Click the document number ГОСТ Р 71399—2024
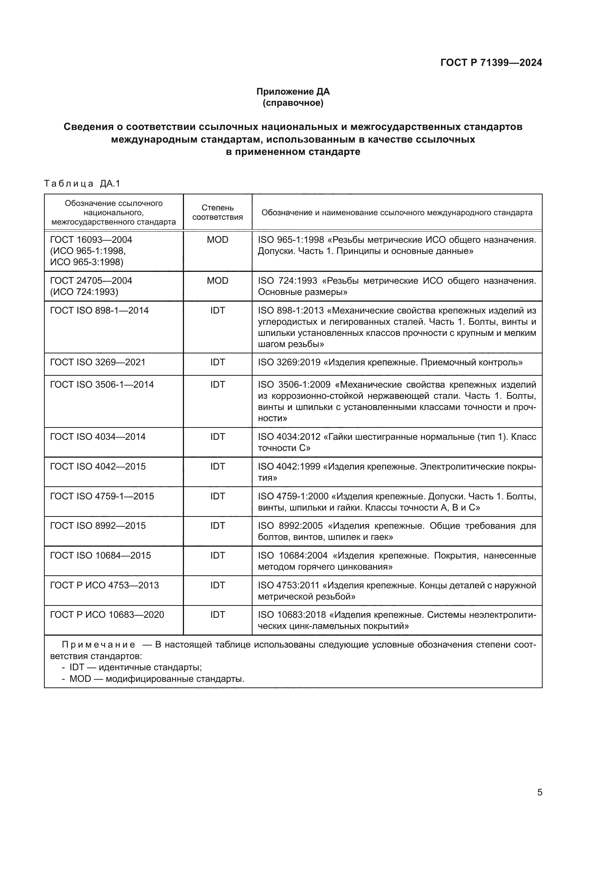pyautogui.click(x=491, y=63)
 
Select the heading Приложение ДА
pyautogui.click(x=293, y=92)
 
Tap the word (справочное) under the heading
pyautogui.click(x=293, y=103)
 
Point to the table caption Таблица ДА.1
pyautogui.click(x=82, y=184)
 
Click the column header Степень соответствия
pyautogui.click(x=217, y=212)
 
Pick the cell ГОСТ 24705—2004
pyautogui.click(x=91, y=281)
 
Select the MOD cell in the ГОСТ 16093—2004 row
pyautogui.click(x=217, y=240)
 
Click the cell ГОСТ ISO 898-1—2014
pyautogui.click(x=99, y=310)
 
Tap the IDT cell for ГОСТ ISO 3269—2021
pyautogui.click(x=217, y=362)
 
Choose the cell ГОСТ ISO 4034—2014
pyautogui.click(x=98, y=437)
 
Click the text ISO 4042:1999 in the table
pyautogui.click(x=289, y=466)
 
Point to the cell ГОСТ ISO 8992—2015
pyautogui.click(x=98, y=526)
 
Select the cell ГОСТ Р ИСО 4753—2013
pyautogui.click(x=104, y=585)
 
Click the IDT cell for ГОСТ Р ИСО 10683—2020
pyautogui.click(x=217, y=615)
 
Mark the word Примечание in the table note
pyautogui.click(x=98, y=645)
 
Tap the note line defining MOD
pyautogui.click(x=153, y=679)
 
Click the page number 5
pyautogui.click(x=539, y=792)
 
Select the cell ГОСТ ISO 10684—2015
pyautogui.click(x=101, y=556)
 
